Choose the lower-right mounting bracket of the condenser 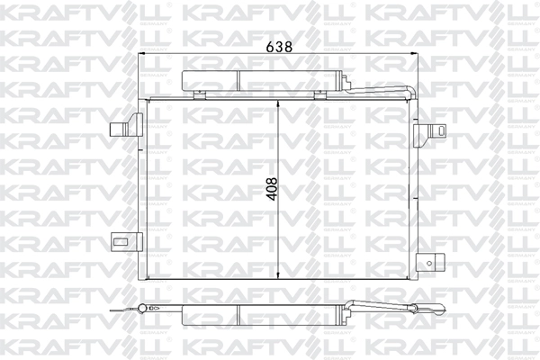click(433, 263)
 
